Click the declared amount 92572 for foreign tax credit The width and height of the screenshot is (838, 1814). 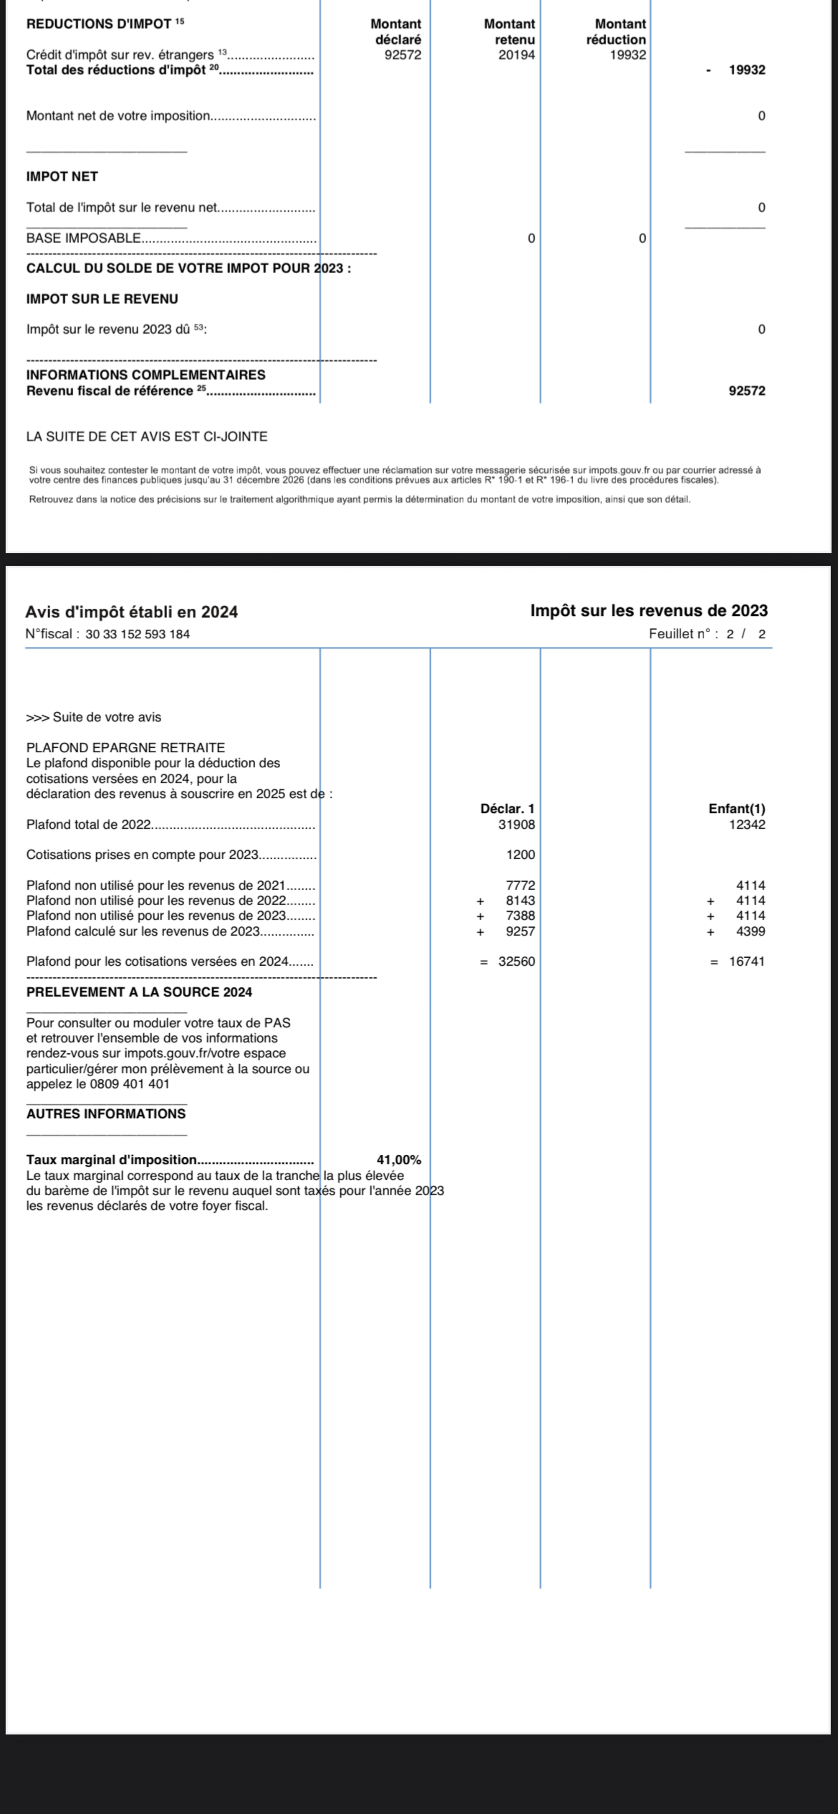(403, 55)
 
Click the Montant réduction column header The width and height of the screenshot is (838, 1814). (616, 32)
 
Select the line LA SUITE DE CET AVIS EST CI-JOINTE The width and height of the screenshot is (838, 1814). (147, 437)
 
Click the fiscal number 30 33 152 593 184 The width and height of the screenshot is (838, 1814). (137, 634)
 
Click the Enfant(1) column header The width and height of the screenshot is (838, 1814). (737, 809)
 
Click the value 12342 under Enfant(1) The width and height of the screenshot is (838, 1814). (747, 824)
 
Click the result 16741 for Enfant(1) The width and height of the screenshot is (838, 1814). (747, 961)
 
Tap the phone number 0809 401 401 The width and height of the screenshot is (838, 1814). (129, 1084)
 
